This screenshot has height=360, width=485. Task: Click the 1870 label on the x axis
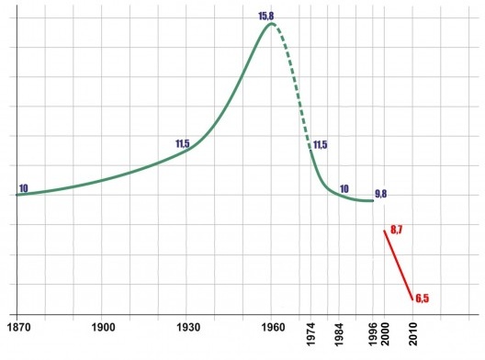click(x=17, y=327)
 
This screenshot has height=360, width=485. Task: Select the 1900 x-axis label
click(x=103, y=327)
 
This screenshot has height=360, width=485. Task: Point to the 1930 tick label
click(x=187, y=327)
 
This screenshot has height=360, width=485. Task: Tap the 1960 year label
click(x=271, y=327)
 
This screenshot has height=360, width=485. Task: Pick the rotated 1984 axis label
click(x=340, y=332)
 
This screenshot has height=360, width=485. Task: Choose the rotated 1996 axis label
click(x=372, y=332)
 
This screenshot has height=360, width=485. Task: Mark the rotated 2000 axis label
click(x=385, y=332)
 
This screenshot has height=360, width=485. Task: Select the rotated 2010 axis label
click(x=412, y=332)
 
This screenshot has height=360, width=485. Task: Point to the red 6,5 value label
click(x=423, y=298)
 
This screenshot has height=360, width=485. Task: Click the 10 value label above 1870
click(x=23, y=188)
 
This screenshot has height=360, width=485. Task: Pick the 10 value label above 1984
click(x=344, y=189)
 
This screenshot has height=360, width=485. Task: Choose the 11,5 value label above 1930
click(x=182, y=144)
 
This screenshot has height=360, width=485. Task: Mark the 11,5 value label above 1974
click(x=320, y=144)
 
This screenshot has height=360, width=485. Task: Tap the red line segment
click(x=398, y=264)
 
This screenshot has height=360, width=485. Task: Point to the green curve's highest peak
click(x=271, y=24)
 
